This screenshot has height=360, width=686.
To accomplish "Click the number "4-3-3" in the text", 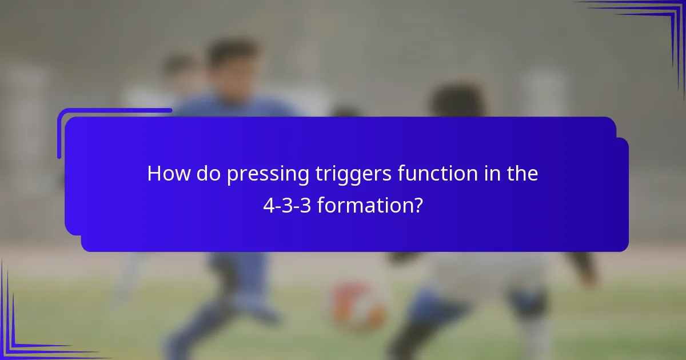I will (287, 205).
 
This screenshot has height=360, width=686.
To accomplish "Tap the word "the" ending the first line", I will (522, 174).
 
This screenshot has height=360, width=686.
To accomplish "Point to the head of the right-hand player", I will (457, 101).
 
